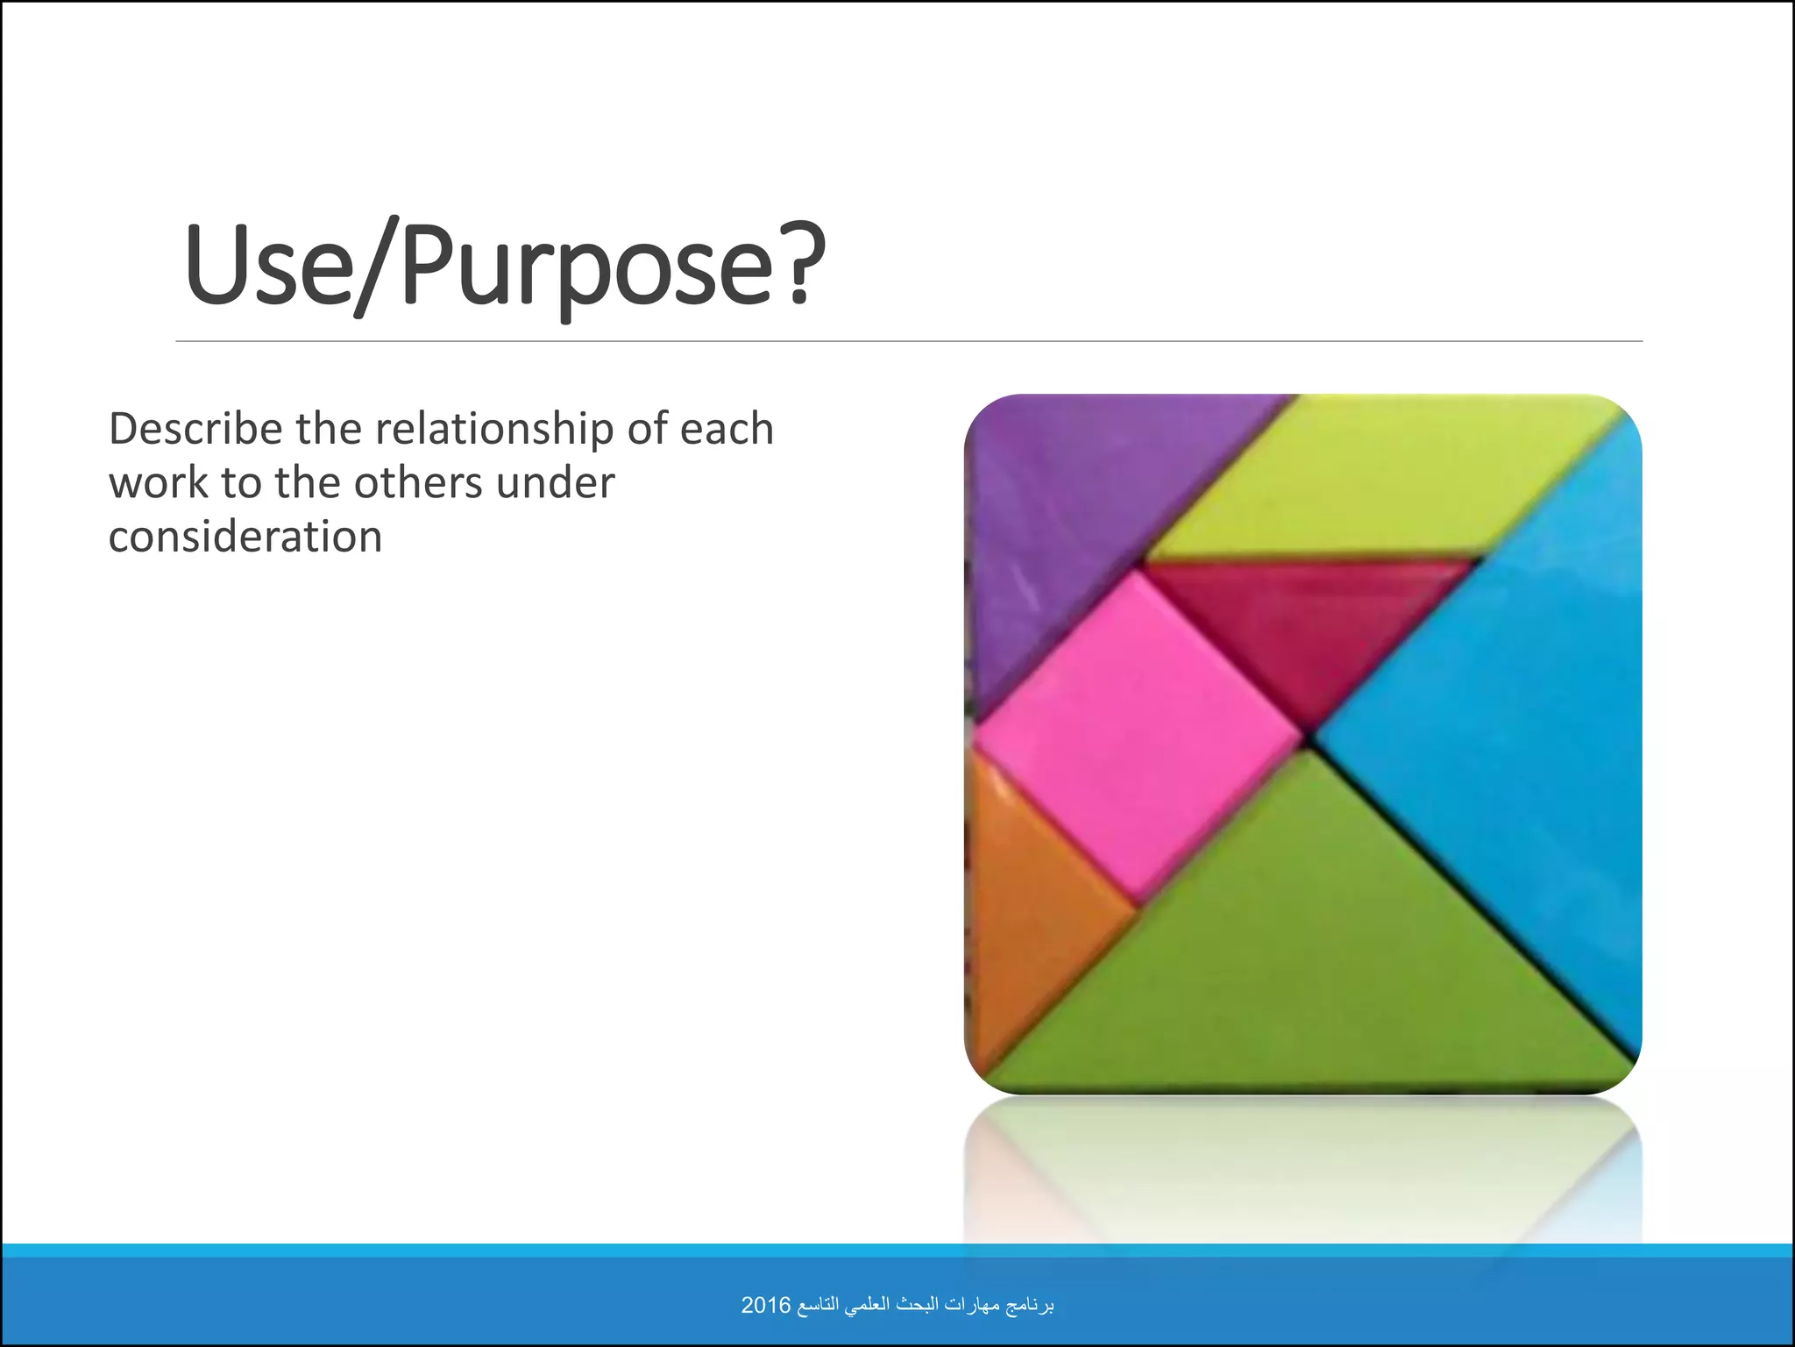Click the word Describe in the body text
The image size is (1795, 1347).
pyautogui.click(x=195, y=430)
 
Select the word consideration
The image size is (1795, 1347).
pyautogui.click(x=245, y=537)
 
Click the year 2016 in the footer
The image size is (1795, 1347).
pyautogui.click(x=766, y=1305)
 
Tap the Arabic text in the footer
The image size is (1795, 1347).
pyautogui.click(x=926, y=1305)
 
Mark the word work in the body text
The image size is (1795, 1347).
pyautogui.click(x=158, y=483)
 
